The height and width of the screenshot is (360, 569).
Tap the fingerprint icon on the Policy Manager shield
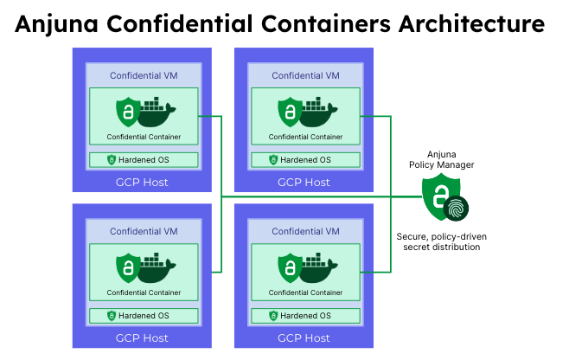click(x=456, y=208)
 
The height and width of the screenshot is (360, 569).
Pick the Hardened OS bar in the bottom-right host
click(x=304, y=316)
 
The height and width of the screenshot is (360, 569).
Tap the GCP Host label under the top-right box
click(x=304, y=182)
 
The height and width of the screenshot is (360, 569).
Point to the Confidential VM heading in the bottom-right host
click(x=304, y=231)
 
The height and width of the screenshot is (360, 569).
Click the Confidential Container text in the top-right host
click(x=304, y=137)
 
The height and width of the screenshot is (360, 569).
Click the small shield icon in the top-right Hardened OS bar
click(x=273, y=160)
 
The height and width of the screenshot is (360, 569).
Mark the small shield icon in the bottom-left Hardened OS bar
click(x=112, y=316)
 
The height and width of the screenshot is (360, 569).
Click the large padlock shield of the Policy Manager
click(x=438, y=196)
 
